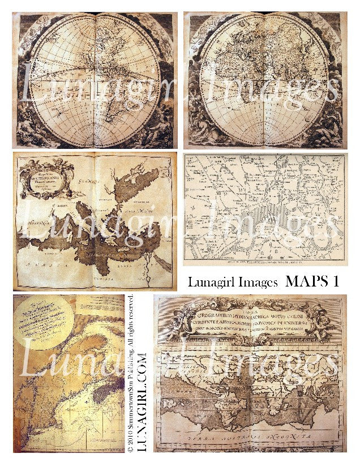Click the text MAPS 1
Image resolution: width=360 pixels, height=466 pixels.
312,281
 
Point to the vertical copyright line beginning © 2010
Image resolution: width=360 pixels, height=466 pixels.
130,374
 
